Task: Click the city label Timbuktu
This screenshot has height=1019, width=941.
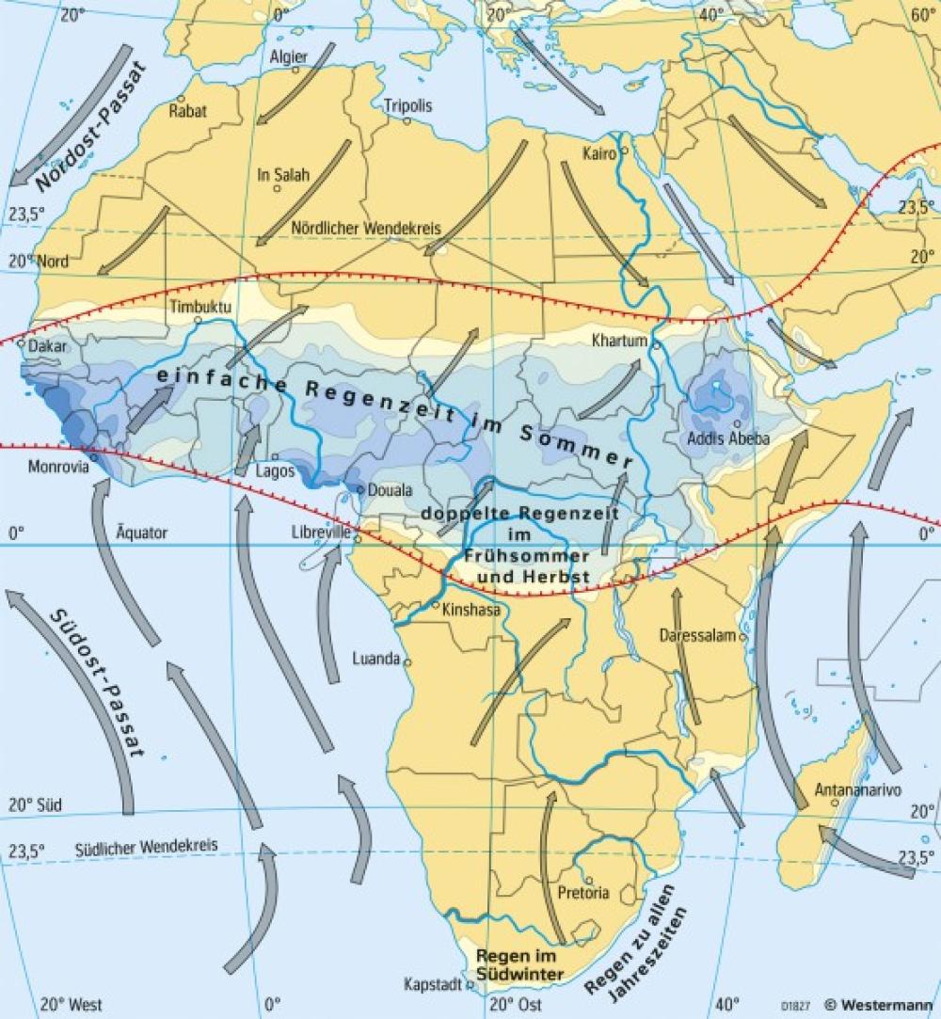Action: click(x=199, y=307)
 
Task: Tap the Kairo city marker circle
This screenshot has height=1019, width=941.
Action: click(x=622, y=151)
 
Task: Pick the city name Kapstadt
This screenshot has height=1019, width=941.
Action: click(x=432, y=985)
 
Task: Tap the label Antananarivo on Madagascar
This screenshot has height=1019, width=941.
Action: click(x=850, y=788)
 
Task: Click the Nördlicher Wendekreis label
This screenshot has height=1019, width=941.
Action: click(x=366, y=228)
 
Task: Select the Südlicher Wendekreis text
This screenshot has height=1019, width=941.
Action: click(x=146, y=846)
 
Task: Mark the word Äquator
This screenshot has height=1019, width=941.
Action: click(x=141, y=533)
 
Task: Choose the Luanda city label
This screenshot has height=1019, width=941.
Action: click(x=376, y=659)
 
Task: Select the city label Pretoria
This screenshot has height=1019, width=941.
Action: click(x=583, y=892)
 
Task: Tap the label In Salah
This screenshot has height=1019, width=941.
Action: click(x=283, y=174)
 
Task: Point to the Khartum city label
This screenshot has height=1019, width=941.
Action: click(x=618, y=340)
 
